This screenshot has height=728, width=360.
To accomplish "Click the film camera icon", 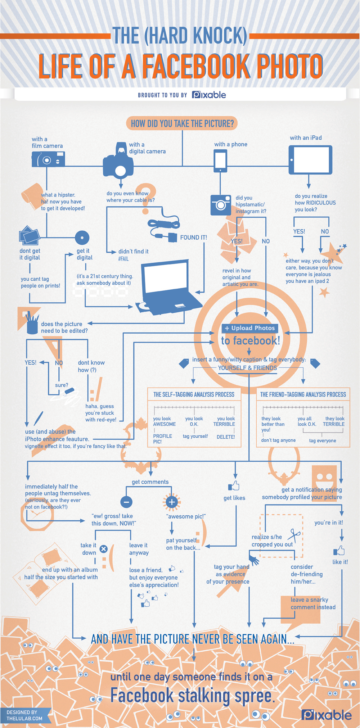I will (x=48, y=159).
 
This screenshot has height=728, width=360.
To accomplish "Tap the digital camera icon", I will (x=118, y=164).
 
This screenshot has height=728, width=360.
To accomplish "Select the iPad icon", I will (x=310, y=160).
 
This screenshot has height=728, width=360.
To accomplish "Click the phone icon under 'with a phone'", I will (x=220, y=161).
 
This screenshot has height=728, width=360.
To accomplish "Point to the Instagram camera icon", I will (x=220, y=205).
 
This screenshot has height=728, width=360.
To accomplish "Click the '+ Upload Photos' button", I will (x=250, y=328).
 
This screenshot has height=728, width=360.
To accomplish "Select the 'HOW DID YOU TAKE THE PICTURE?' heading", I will (x=182, y=123).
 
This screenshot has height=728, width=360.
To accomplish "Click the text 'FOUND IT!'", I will (x=193, y=238).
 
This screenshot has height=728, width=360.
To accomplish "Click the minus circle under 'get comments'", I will (x=126, y=502).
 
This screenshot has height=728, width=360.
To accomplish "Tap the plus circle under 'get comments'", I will (x=172, y=502).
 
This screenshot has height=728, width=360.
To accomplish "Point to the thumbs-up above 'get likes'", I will (x=234, y=486).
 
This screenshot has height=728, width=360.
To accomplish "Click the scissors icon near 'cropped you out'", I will (x=294, y=535).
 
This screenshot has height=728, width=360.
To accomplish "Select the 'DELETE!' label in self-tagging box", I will (x=226, y=437).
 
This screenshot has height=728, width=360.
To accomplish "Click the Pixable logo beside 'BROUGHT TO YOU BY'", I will (x=209, y=95).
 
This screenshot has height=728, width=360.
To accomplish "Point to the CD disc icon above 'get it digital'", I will (x=82, y=238).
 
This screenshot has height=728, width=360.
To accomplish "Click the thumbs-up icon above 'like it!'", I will (x=339, y=551).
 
